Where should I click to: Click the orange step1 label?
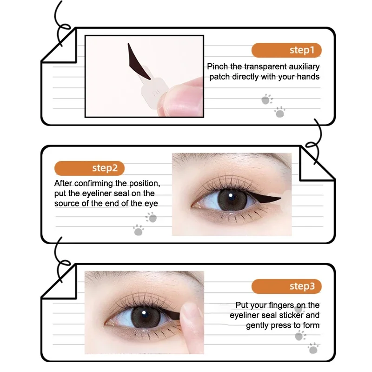(286, 50)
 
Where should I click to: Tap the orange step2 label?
(89, 168)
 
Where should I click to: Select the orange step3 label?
(286, 286)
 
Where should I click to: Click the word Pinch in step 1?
(218, 67)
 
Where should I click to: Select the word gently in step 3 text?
(261, 325)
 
